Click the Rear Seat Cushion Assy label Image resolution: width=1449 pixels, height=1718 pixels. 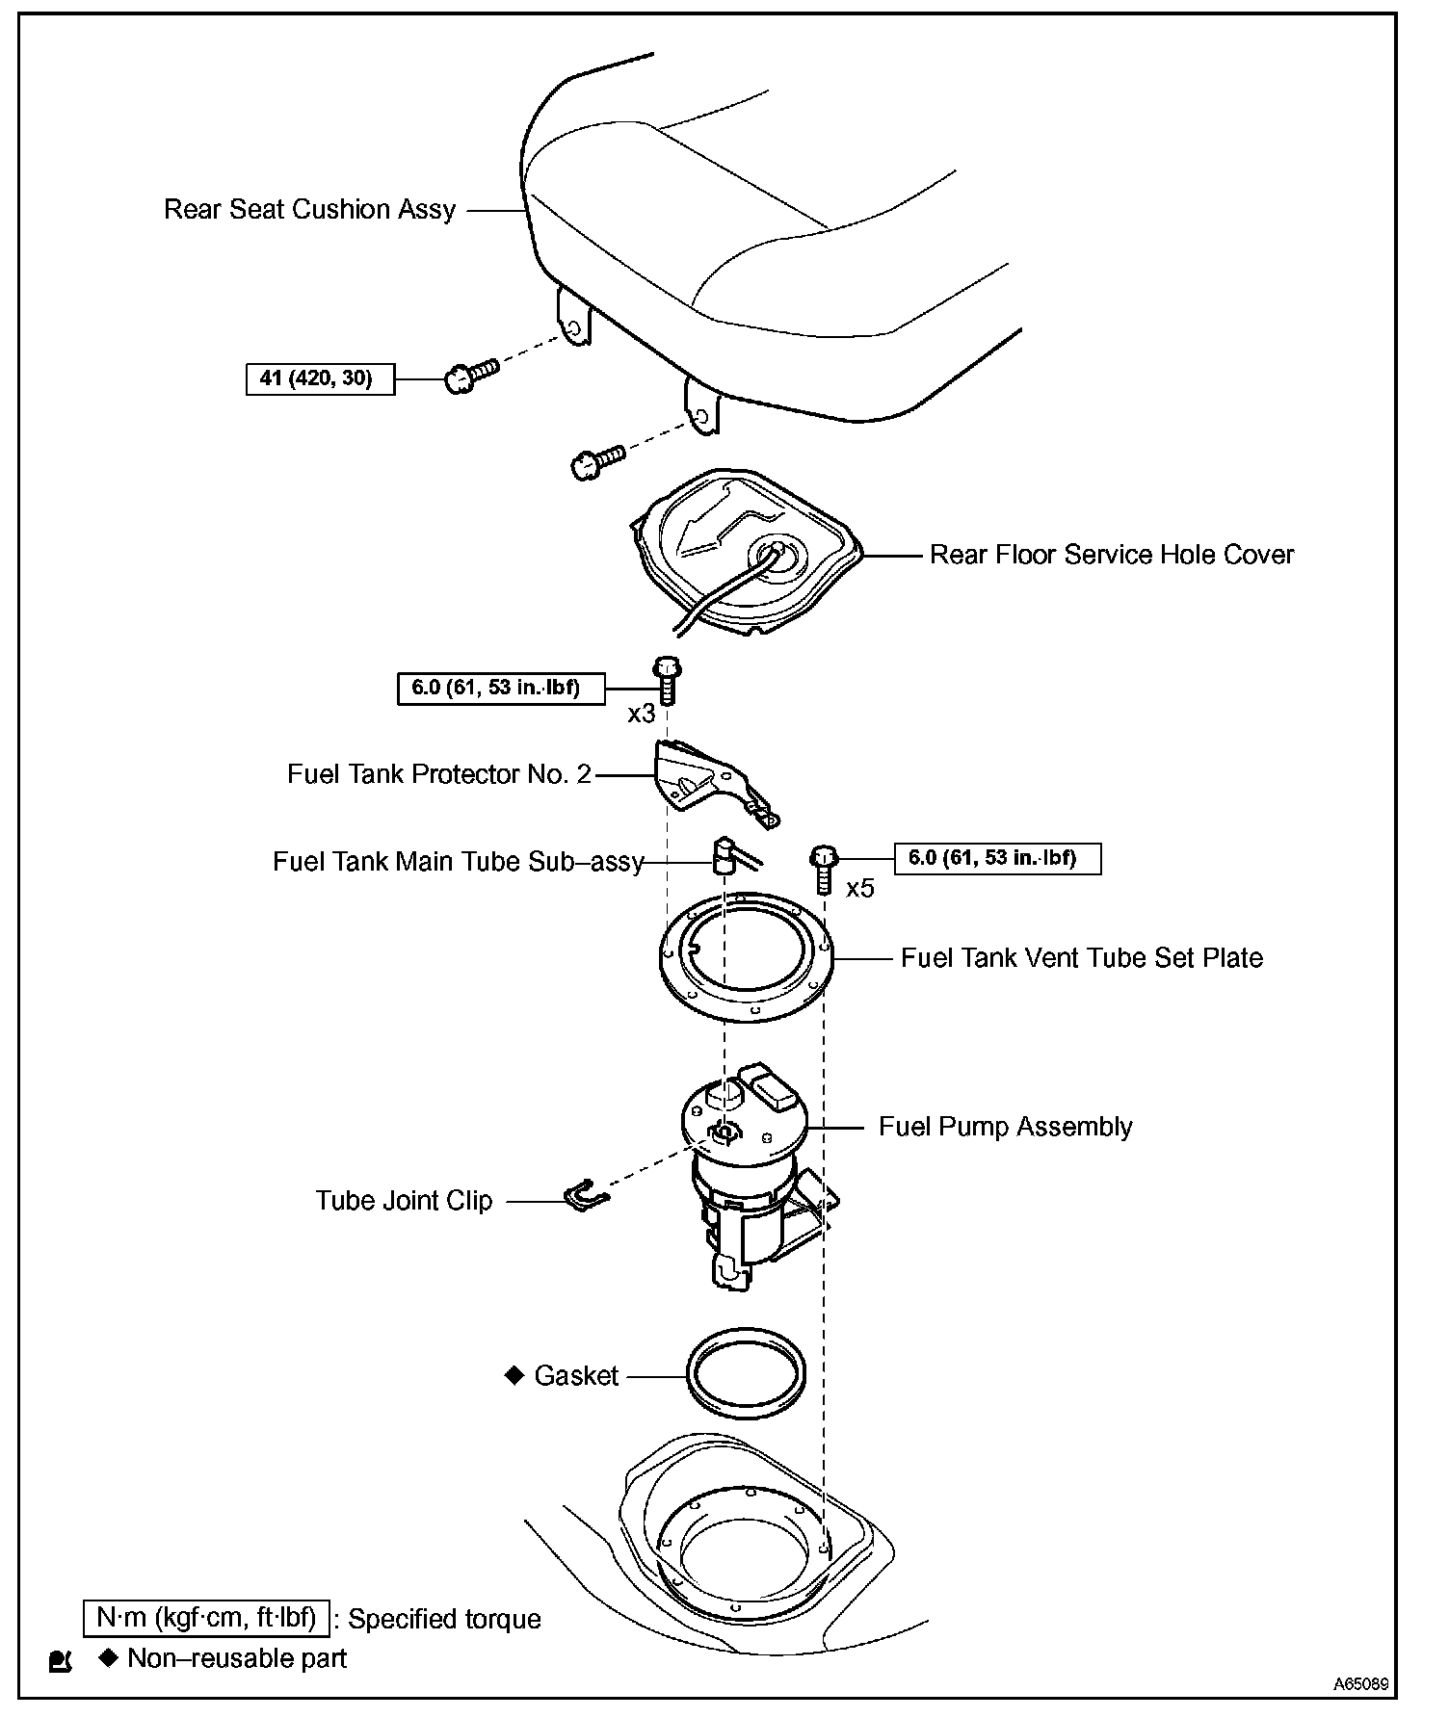309,210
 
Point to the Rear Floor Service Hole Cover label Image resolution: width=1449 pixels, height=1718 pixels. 1111,555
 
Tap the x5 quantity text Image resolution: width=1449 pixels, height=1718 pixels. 859,889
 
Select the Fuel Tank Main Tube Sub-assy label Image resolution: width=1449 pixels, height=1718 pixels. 458,861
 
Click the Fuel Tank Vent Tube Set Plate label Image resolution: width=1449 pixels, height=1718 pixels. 1081,958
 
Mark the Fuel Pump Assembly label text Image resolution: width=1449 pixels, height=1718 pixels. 1005,1127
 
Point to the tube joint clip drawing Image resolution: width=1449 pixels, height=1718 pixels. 584,1196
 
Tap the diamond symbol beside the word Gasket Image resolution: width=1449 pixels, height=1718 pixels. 514,1375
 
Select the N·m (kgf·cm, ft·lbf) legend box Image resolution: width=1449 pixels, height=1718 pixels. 206,1618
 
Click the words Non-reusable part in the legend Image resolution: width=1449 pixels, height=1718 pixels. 237,1658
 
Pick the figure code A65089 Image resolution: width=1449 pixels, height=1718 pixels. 1360,1684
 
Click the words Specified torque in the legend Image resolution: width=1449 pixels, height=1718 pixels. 444,1619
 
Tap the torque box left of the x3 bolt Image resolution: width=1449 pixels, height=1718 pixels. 501,689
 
